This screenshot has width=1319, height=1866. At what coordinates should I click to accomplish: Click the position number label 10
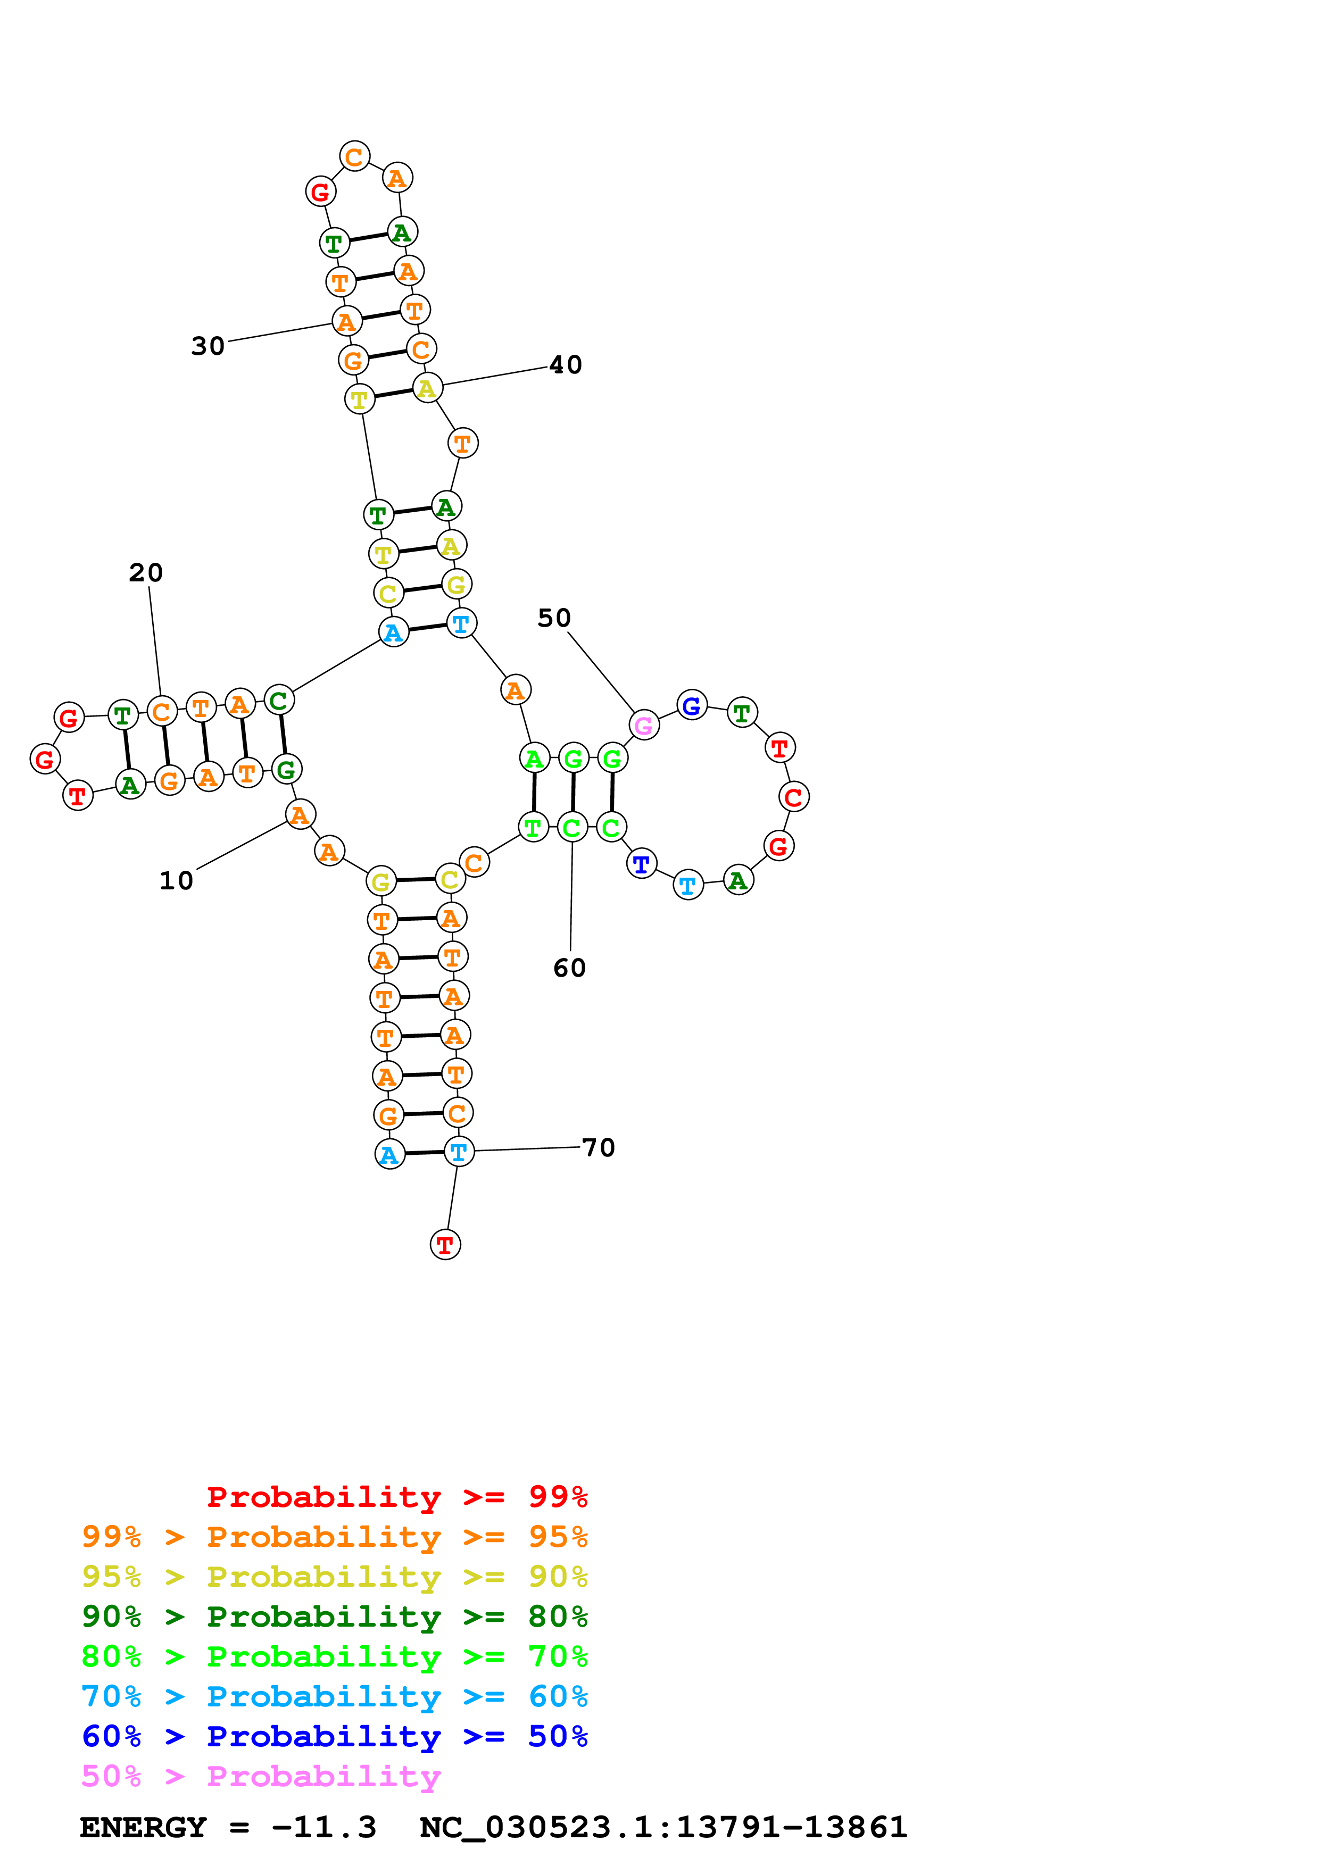176,880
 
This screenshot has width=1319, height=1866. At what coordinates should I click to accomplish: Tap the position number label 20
146,572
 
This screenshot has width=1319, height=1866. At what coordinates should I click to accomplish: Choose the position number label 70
599,1147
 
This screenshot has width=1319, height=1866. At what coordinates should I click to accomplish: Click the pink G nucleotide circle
644,725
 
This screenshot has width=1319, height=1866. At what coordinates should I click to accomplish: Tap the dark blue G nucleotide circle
692,705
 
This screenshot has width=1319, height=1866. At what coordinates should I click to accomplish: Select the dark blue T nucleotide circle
641,864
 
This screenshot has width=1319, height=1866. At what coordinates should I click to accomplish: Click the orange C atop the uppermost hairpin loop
354,156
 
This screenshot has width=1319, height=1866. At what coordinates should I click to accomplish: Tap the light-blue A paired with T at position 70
390,1154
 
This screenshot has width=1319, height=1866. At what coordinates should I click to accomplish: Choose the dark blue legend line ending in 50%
335,1736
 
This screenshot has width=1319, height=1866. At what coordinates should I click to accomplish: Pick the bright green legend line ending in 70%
335,1656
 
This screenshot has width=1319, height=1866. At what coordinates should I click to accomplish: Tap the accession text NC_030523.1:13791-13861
663,1827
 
